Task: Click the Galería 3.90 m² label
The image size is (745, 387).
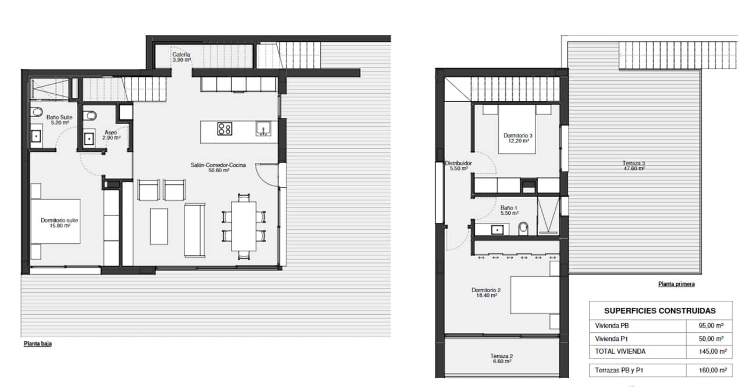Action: [181, 57]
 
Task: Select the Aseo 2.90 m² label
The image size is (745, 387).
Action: [111, 135]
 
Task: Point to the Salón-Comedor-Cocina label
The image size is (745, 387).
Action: [218, 168]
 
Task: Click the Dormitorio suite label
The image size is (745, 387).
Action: [59, 223]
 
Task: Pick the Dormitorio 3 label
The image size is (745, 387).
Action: [518, 138]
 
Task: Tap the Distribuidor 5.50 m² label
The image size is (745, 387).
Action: [457, 166]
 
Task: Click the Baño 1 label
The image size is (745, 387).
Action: [509, 210]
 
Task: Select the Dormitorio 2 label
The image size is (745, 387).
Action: [486, 292]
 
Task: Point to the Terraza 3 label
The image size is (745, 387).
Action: [633, 166]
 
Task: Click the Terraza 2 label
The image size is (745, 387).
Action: [501, 358]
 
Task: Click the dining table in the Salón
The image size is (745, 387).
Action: [243, 226]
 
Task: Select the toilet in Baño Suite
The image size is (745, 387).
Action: [37, 112]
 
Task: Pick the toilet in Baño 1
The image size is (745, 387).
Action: [523, 229]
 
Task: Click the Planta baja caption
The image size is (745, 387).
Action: [38, 344]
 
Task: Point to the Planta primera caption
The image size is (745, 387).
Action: [676, 284]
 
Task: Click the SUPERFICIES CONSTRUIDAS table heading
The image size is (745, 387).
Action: [659, 311]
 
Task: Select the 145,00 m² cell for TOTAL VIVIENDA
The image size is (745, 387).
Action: [711, 352]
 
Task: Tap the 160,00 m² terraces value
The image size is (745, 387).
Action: [711, 370]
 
